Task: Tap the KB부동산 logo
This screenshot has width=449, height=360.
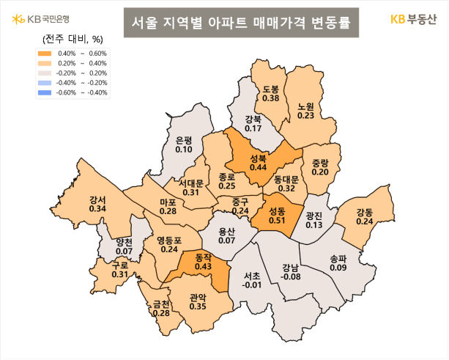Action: coord(416,19)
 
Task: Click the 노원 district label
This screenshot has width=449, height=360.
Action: coord(306,106)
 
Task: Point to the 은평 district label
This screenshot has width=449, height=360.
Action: coord(184,140)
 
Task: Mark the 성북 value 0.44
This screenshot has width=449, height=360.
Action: coord(258,167)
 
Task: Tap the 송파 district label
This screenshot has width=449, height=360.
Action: coord(338,259)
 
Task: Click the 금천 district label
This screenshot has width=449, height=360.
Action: coord(162,304)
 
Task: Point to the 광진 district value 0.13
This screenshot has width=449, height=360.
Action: coord(314,224)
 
